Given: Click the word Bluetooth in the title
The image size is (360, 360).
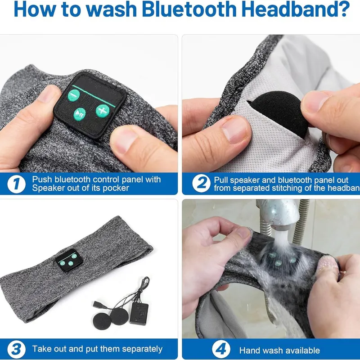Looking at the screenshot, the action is pos(191,9).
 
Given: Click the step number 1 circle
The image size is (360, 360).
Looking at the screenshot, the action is pos(16,184).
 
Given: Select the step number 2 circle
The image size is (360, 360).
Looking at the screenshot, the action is pos(201,183).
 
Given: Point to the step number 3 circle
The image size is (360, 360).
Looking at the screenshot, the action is pos(16,350).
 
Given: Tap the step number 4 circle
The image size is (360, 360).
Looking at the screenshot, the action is pos(221,349).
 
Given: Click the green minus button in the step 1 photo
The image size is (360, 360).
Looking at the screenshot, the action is pos(74,95).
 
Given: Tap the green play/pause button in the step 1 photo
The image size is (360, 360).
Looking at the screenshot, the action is pos(80,114).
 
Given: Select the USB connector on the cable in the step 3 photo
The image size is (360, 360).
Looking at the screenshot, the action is pos(98,305).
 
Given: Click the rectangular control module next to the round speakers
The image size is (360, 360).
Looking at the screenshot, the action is pos(139,313).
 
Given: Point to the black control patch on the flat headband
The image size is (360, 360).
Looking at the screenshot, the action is pos(69,260).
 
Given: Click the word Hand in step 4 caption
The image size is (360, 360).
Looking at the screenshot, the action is pos(249,351).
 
